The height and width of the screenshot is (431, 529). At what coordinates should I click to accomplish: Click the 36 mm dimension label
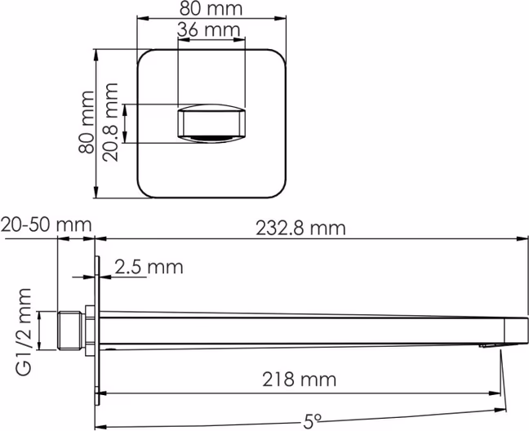208,29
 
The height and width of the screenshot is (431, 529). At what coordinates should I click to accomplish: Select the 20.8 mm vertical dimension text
111,122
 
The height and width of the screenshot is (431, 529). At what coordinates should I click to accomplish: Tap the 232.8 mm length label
300,229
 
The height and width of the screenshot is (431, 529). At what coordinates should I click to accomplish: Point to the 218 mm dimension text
300,380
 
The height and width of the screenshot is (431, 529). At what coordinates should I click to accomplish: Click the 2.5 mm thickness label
149,267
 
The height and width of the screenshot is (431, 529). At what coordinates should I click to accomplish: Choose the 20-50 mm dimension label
47,224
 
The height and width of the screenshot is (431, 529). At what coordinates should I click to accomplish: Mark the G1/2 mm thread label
24,332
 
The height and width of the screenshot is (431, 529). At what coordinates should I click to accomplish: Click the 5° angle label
313,420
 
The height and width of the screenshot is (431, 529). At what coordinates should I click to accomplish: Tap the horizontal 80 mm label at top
211,9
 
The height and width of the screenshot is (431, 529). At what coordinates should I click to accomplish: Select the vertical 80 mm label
86,122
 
